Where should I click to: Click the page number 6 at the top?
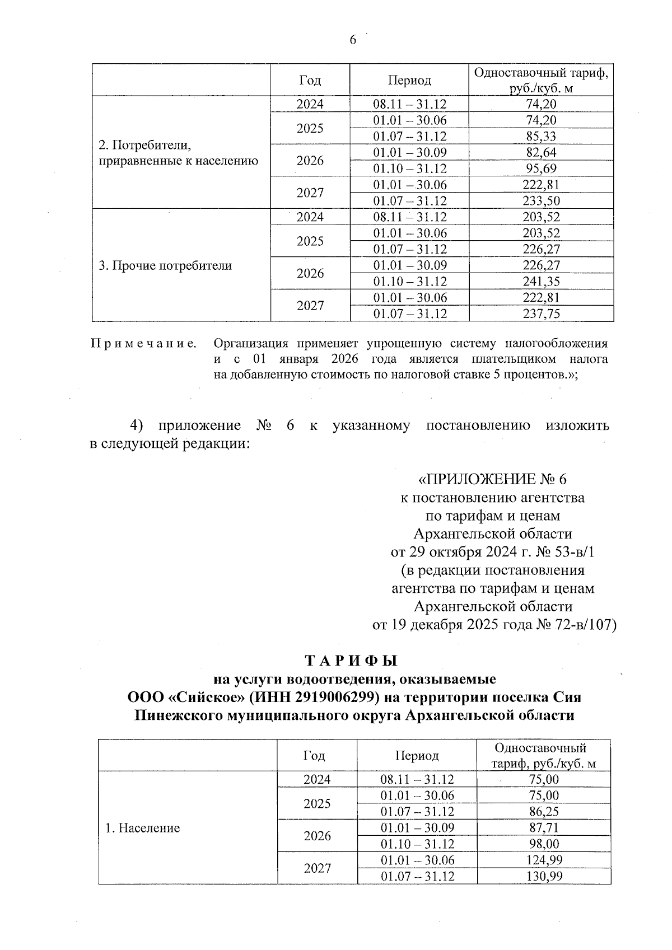click(353, 40)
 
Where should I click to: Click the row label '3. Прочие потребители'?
click(165, 266)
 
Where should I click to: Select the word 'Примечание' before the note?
click(144, 343)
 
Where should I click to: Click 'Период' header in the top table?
click(409, 81)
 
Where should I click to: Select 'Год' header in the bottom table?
click(314, 756)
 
